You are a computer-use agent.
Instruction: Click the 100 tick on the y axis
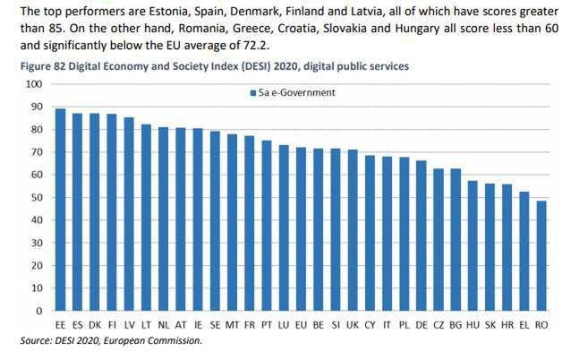(34, 84)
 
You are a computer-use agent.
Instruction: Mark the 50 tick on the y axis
(37, 198)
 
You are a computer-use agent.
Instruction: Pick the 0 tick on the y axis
(39, 311)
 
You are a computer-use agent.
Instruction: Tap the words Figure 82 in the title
(35, 66)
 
